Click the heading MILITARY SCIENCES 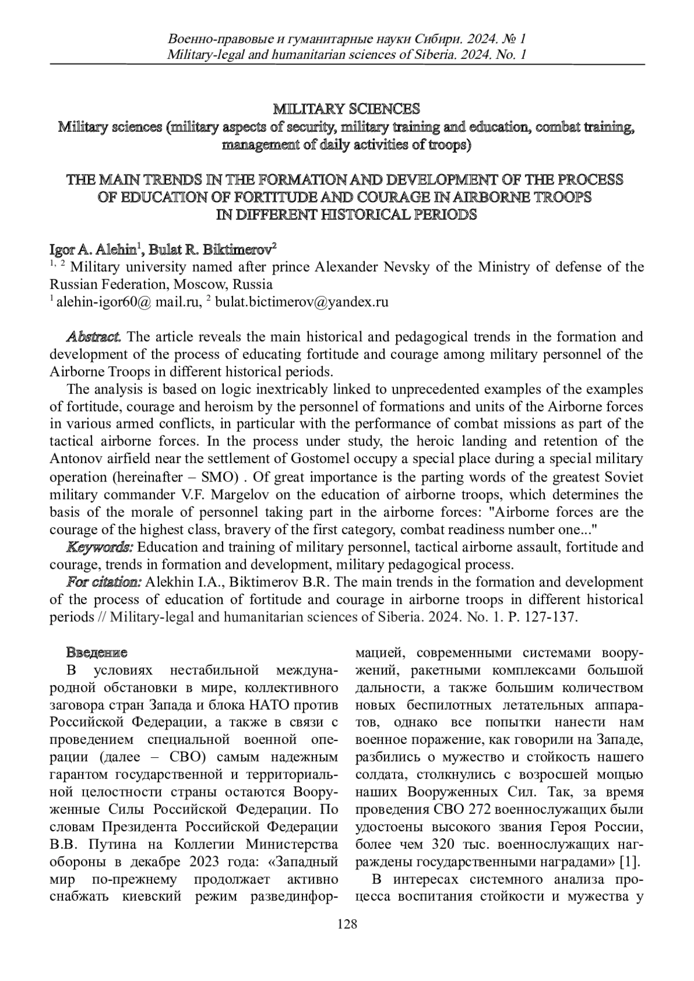coord(346,109)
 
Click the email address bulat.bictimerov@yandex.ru coord(301,302)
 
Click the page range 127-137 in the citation coord(549,616)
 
